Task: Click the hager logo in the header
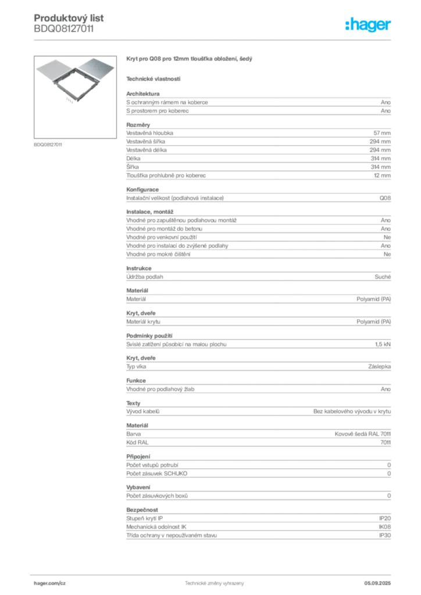(x=368, y=24)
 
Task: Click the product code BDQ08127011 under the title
(x=64, y=29)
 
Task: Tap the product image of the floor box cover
(x=75, y=97)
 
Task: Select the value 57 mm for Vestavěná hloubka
(x=382, y=133)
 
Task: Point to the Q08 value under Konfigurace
(x=385, y=198)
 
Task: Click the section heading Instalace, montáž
(x=149, y=212)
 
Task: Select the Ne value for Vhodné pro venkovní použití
(x=387, y=237)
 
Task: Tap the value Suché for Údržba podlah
(x=383, y=277)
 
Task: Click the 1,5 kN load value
(x=383, y=345)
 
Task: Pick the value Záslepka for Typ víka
(x=379, y=367)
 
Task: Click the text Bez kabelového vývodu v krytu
(x=352, y=411)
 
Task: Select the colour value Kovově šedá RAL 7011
(x=362, y=434)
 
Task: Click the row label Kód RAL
(x=137, y=442)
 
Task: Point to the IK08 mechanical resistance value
(x=384, y=527)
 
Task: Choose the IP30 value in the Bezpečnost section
(x=385, y=535)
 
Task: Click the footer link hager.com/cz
(x=50, y=583)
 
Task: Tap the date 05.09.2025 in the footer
(x=377, y=583)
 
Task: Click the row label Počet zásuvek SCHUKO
(x=157, y=474)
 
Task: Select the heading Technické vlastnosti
(x=154, y=79)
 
